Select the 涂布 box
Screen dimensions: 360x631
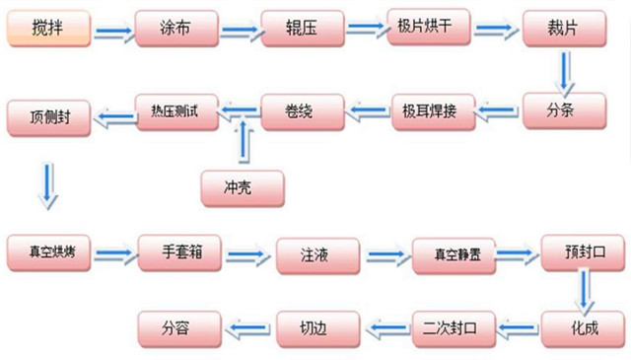point(175,31)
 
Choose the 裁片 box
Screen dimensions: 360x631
point(562,31)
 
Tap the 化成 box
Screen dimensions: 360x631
point(583,325)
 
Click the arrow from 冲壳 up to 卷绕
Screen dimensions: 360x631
point(242,143)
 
